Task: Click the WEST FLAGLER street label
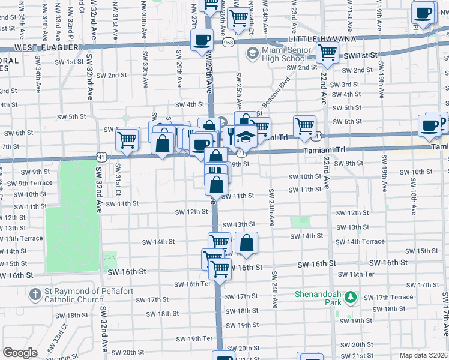(x=47, y=47)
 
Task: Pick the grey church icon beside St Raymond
(x=35, y=293)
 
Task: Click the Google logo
(x=20, y=353)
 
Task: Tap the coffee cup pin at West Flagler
(x=202, y=41)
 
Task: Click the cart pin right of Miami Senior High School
(x=327, y=52)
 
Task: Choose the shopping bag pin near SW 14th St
(x=246, y=244)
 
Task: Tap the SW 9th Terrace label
(x=35, y=183)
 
